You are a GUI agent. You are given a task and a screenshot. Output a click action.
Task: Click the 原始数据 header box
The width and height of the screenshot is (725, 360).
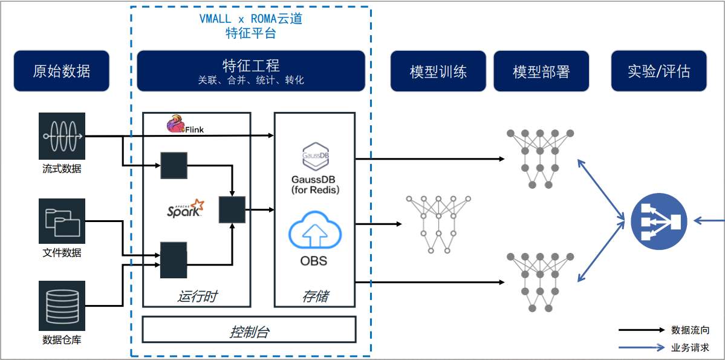point(61,71)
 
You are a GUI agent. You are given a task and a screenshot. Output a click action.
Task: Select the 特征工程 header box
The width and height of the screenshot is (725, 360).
point(251,71)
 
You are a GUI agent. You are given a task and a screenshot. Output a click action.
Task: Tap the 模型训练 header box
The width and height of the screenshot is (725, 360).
point(438,71)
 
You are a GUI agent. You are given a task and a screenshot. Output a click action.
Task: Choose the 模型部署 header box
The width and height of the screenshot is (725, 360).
point(541,71)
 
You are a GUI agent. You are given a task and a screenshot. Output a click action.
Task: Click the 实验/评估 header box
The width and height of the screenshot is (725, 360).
point(658,71)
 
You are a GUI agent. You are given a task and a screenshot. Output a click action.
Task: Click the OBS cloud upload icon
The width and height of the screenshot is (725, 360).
point(314,233)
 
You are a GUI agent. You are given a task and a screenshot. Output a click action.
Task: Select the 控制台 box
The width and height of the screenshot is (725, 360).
point(249,332)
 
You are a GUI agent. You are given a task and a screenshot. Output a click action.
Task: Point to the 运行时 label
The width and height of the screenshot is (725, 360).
point(197,296)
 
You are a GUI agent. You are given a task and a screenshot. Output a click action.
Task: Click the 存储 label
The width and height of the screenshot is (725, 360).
point(314,296)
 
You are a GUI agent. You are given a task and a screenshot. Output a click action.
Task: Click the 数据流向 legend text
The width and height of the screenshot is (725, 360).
point(690,330)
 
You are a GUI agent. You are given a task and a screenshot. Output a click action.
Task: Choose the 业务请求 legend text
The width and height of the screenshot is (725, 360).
point(690,348)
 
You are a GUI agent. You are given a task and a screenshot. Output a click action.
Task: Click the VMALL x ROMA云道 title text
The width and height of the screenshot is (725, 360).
point(250,19)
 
